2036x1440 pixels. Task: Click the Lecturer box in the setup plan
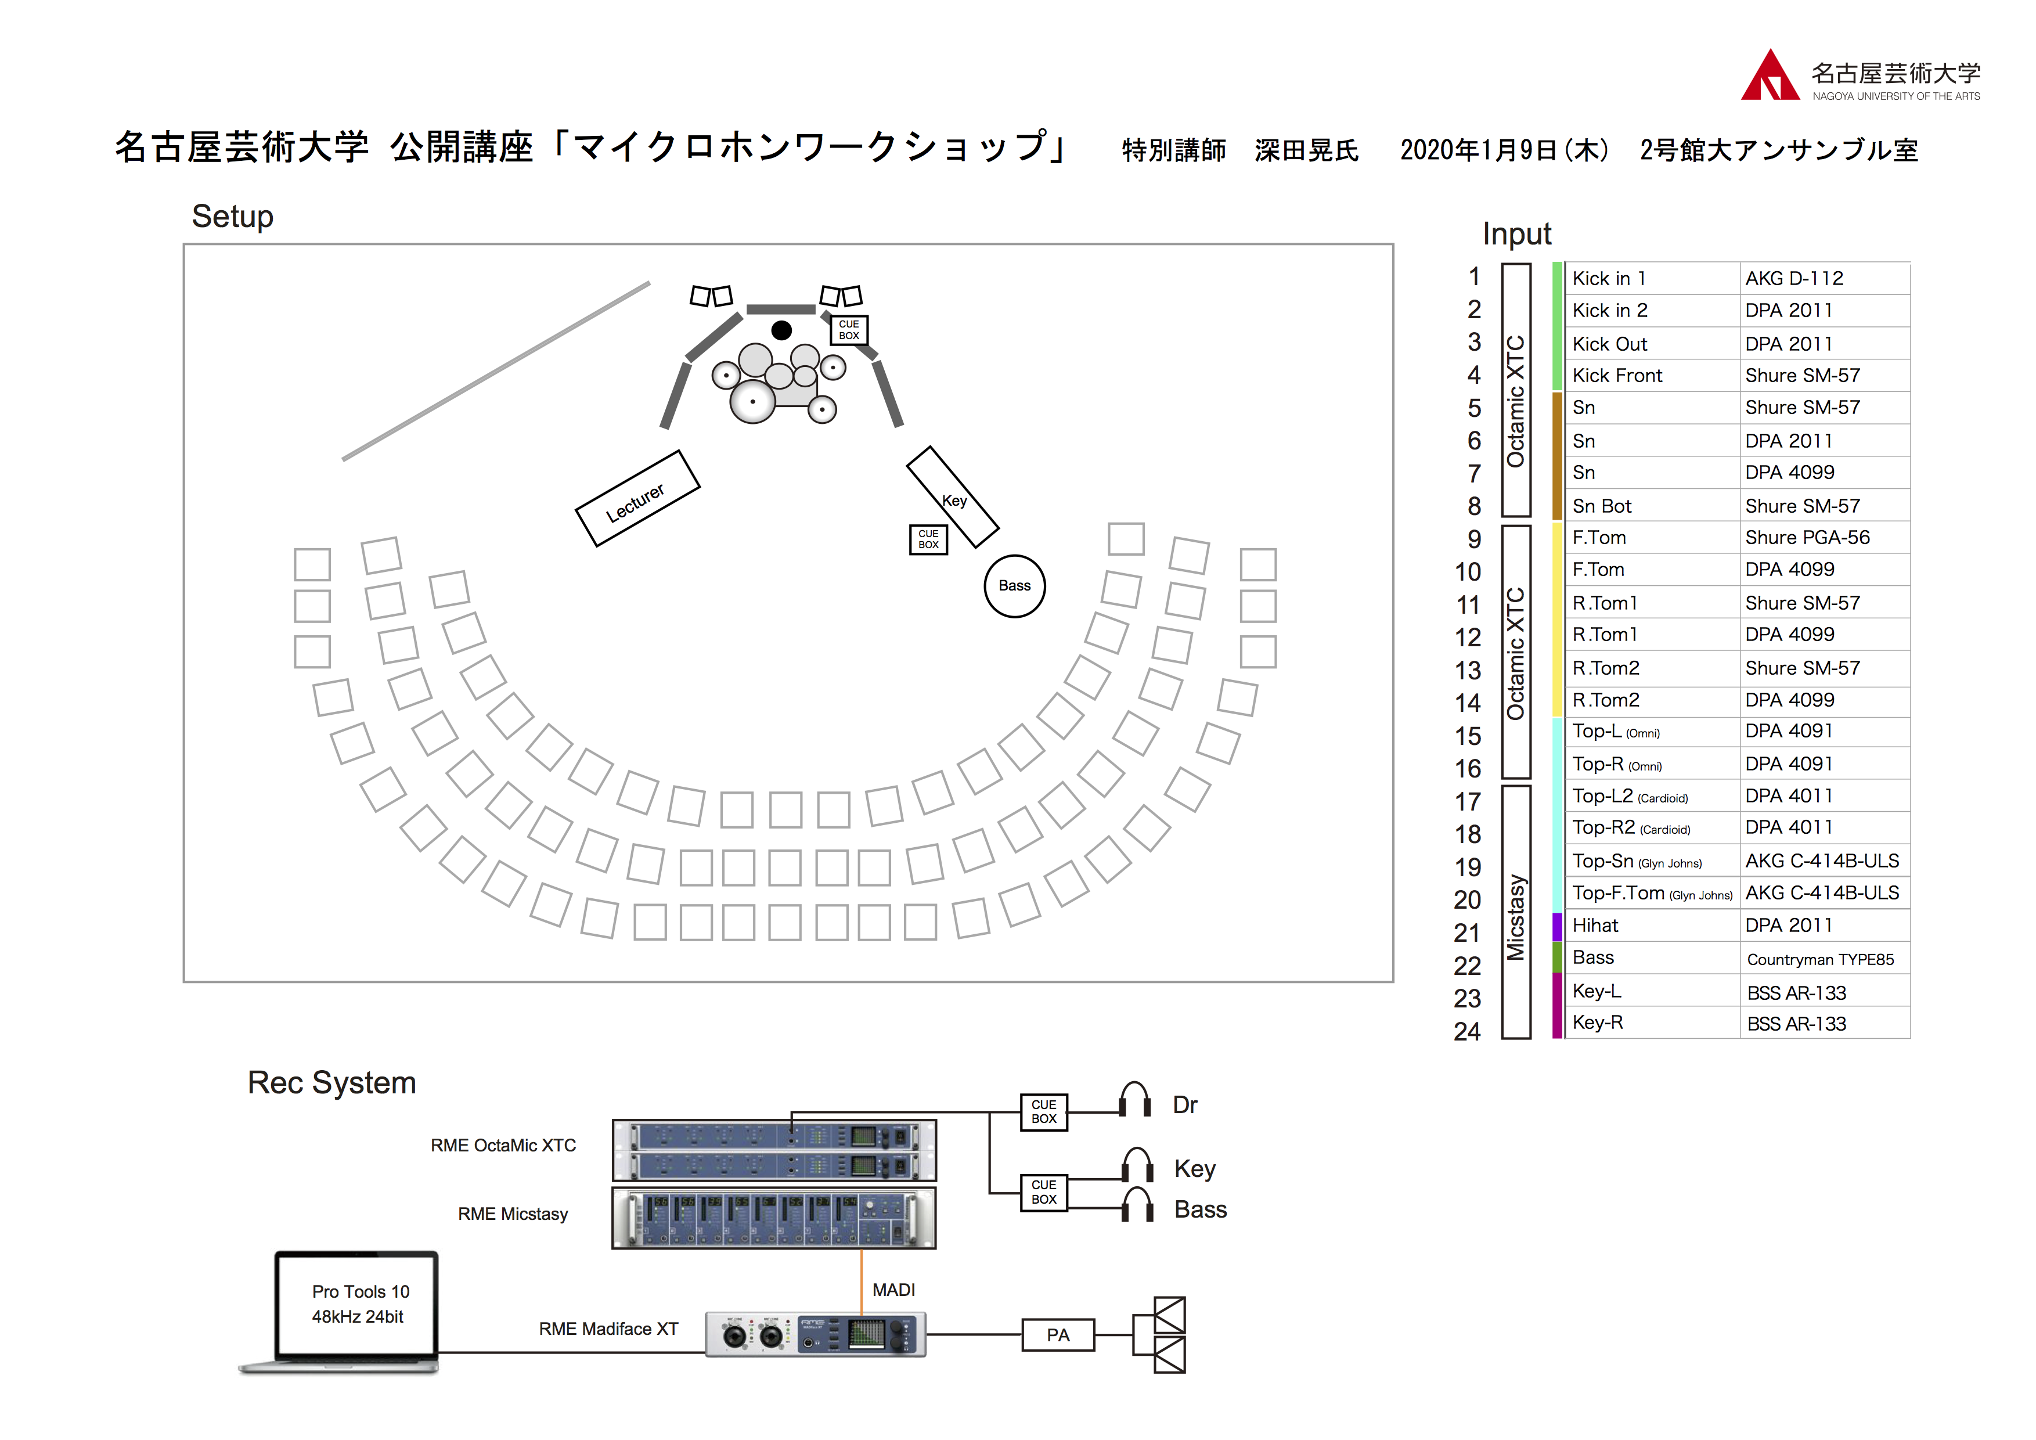637,499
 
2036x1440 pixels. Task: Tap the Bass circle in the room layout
1014,585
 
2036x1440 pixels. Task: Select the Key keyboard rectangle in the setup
952,498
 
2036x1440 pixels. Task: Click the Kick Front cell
1617,376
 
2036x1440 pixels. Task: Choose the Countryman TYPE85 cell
1819,959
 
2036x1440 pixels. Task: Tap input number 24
1466,1031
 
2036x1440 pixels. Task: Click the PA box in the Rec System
1058,1334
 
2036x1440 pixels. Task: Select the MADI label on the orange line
893,1290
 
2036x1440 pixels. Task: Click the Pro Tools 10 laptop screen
358,1304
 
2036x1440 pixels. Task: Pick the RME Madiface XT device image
815,1334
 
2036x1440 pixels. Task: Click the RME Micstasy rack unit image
773,1218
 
